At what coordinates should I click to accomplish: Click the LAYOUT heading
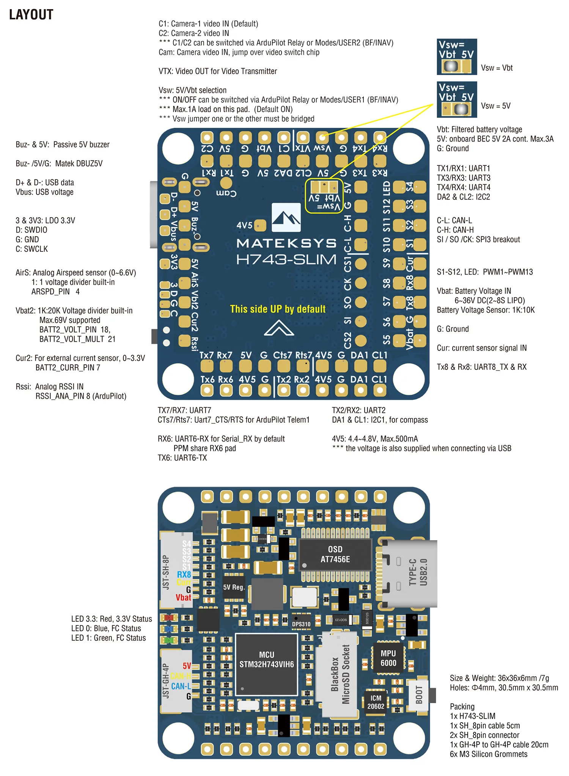(31, 15)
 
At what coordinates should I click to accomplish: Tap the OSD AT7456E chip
(335, 554)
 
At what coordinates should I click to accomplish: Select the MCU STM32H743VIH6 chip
(266, 660)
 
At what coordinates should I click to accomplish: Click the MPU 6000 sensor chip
(388, 658)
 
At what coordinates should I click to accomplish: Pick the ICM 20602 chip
(376, 702)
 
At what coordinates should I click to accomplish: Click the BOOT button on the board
(419, 694)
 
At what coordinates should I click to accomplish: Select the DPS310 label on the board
(301, 624)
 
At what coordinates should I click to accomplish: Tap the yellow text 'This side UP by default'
(278, 309)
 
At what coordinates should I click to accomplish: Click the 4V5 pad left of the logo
(260, 225)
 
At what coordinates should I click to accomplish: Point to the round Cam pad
(226, 183)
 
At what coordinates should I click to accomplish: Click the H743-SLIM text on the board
(286, 260)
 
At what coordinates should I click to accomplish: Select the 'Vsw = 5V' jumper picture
(457, 100)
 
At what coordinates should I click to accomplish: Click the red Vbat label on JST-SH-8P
(183, 597)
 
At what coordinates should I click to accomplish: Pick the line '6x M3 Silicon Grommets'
(488, 754)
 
